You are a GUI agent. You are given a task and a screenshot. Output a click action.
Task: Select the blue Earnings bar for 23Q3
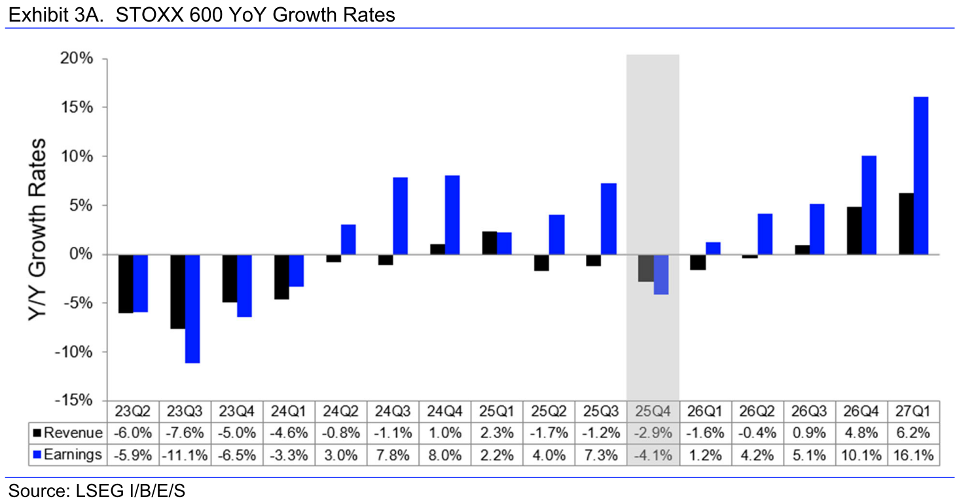[x=192, y=308]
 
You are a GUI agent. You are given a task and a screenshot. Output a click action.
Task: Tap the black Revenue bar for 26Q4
[x=854, y=231]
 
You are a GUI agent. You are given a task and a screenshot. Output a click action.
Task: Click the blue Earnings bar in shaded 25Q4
[x=660, y=274]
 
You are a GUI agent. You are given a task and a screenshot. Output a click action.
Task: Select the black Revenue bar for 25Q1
[x=489, y=243]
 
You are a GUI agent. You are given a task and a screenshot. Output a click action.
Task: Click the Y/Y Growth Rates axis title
[x=38, y=229]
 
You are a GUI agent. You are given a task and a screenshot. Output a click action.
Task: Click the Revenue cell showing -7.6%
[x=185, y=433]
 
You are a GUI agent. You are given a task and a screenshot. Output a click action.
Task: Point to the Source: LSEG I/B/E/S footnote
[x=96, y=491]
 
